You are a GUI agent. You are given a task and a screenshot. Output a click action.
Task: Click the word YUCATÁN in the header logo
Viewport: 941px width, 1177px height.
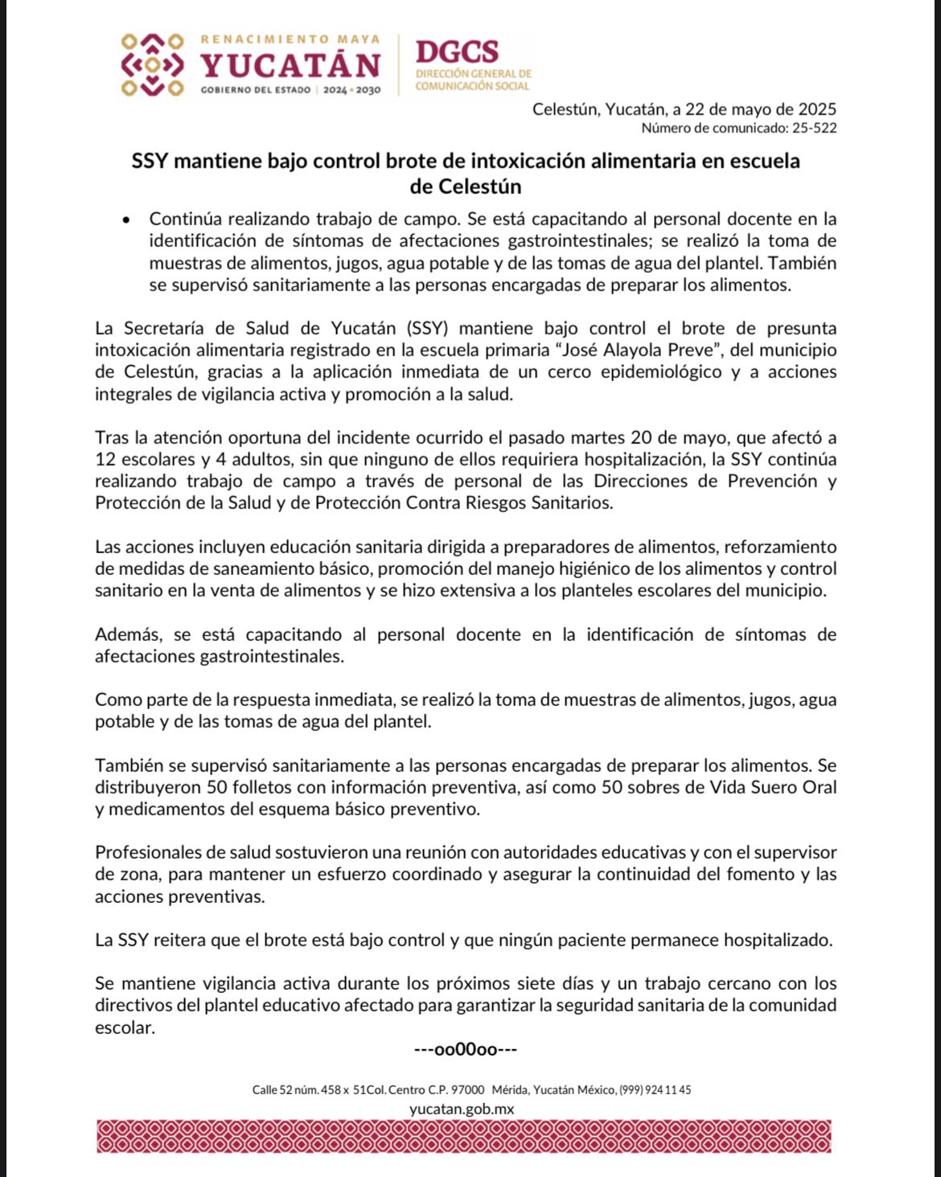coord(290,65)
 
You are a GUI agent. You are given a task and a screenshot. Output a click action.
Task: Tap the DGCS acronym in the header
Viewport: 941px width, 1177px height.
coord(456,52)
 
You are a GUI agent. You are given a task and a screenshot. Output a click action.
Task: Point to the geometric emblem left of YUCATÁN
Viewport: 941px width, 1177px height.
coord(151,64)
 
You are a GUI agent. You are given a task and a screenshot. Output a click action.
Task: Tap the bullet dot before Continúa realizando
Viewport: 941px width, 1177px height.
coord(125,219)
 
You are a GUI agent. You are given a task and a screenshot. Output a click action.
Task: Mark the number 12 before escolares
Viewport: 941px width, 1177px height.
coord(105,459)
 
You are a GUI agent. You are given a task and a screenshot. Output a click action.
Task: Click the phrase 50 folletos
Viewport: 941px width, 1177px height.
coord(243,787)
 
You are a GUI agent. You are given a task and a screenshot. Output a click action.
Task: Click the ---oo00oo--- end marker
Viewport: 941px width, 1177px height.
coord(465,1049)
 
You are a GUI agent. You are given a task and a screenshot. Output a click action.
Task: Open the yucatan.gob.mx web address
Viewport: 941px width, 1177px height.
coord(462,1109)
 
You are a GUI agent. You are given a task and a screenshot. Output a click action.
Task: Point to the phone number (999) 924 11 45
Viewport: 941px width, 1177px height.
coord(655,1090)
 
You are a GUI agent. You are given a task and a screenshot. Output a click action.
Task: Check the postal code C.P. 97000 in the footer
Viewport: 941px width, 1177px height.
coord(456,1090)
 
